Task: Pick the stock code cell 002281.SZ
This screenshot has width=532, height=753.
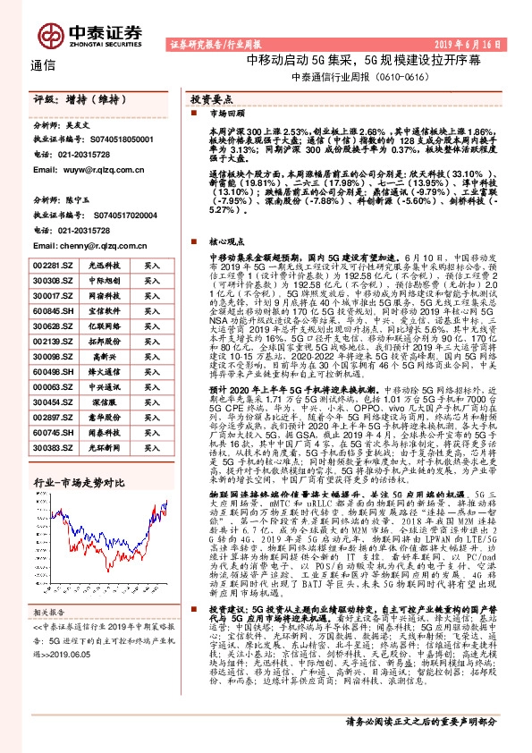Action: (x=49, y=267)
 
